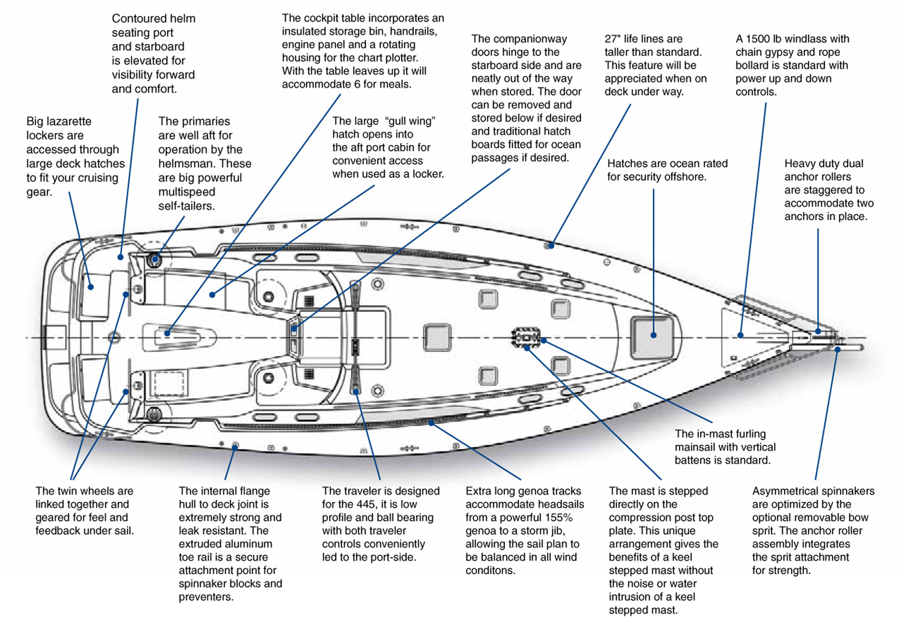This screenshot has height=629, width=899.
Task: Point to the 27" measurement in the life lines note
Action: tap(612, 39)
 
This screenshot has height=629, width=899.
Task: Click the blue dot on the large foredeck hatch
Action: tap(653, 335)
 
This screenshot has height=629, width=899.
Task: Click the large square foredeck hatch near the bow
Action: tap(653, 337)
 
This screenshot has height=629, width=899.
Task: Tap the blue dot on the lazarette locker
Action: tap(91, 287)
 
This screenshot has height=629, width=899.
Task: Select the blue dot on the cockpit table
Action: tap(167, 333)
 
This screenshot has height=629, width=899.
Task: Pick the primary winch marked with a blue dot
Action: tap(155, 259)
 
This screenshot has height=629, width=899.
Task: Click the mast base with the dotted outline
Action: tap(526, 337)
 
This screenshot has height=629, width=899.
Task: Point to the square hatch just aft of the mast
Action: tap(437, 337)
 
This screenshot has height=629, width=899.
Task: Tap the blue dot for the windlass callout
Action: tap(740, 335)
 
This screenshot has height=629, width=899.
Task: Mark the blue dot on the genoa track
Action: tap(431, 423)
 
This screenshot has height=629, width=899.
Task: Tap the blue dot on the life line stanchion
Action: tap(551, 246)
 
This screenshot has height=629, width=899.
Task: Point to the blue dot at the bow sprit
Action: tap(837, 350)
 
